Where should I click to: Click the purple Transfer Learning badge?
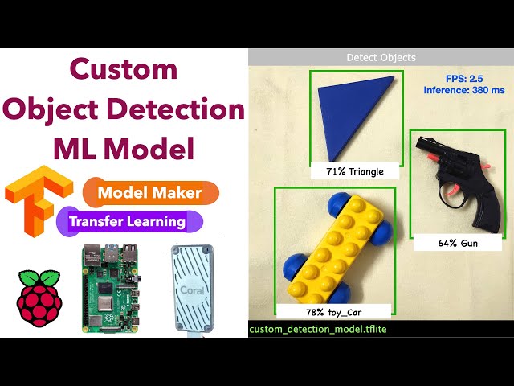(x=128, y=221)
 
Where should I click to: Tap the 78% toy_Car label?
(x=334, y=310)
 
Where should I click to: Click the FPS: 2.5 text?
(x=465, y=78)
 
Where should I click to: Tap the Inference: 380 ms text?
(x=465, y=91)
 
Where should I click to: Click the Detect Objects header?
(x=381, y=58)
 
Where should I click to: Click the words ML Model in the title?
(x=124, y=149)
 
